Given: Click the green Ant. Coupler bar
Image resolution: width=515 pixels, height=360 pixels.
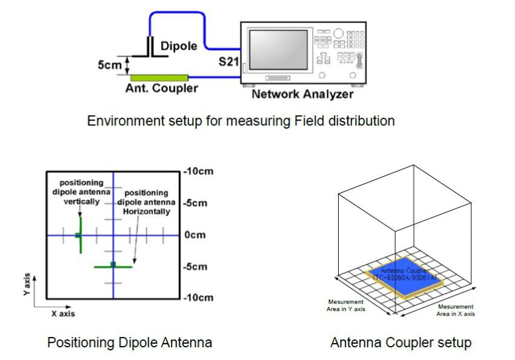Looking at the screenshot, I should coord(159,77).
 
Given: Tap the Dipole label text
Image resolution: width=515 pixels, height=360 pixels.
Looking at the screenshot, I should coord(179,46).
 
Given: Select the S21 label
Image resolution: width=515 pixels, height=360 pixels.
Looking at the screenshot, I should coord(229,62).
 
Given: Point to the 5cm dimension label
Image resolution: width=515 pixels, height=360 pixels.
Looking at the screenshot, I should coord(110,65).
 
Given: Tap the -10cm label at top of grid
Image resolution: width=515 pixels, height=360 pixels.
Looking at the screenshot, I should coord(199,172).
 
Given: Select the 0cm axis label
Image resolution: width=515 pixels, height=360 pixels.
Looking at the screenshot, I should coord(196,235).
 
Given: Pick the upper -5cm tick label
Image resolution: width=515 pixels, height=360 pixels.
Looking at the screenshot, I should coord(197,203).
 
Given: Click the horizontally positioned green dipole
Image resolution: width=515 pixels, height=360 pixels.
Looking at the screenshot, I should coord(113,266).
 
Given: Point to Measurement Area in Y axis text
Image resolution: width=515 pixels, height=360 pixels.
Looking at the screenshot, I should coord(346,305).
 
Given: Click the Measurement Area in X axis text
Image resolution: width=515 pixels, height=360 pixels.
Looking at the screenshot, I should coord(456,310).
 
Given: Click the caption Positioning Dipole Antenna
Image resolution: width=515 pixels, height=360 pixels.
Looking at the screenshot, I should coord(130,343).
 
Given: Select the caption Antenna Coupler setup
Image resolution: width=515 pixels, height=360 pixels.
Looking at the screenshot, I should coord(400,343).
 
